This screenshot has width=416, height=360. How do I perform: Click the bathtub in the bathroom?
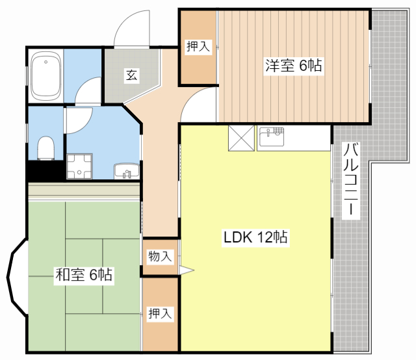click(x=46, y=76)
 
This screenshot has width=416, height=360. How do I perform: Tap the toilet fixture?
click(x=46, y=148)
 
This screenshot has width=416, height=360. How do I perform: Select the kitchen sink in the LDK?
click(x=272, y=136)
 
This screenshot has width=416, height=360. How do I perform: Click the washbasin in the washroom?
click(x=127, y=171)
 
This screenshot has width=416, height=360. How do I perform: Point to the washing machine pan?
click(x=79, y=166)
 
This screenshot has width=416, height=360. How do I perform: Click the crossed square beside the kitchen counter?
click(x=241, y=138)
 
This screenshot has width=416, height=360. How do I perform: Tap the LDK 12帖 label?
click(x=255, y=237)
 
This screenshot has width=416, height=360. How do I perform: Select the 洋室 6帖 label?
click(x=294, y=65)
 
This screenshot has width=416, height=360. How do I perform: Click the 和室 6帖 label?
click(x=84, y=275)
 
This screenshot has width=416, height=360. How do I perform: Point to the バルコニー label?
click(x=351, y=180)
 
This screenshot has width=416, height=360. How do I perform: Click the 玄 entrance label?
click(x=131, y=75)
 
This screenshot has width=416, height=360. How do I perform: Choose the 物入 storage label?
click(x=160, y=256)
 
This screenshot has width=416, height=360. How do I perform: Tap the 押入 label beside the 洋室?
click(x=198, y=47)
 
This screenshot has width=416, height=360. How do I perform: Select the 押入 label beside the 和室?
click(x=161, y=314)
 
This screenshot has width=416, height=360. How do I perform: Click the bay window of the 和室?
click(x=13, y=277)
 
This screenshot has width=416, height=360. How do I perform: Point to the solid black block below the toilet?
click(x=45, y=171)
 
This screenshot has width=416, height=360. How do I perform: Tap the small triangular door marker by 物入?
click(x=187, y=270)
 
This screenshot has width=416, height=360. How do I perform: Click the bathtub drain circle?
click(x=46, y=62)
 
